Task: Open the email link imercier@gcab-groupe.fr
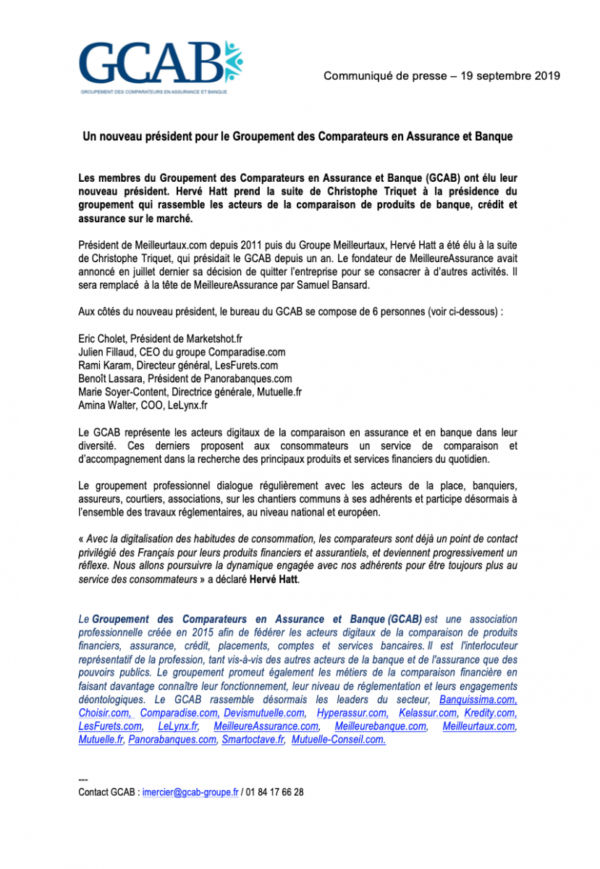190,792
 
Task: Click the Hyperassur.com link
352,713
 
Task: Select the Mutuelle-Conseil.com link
339,740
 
